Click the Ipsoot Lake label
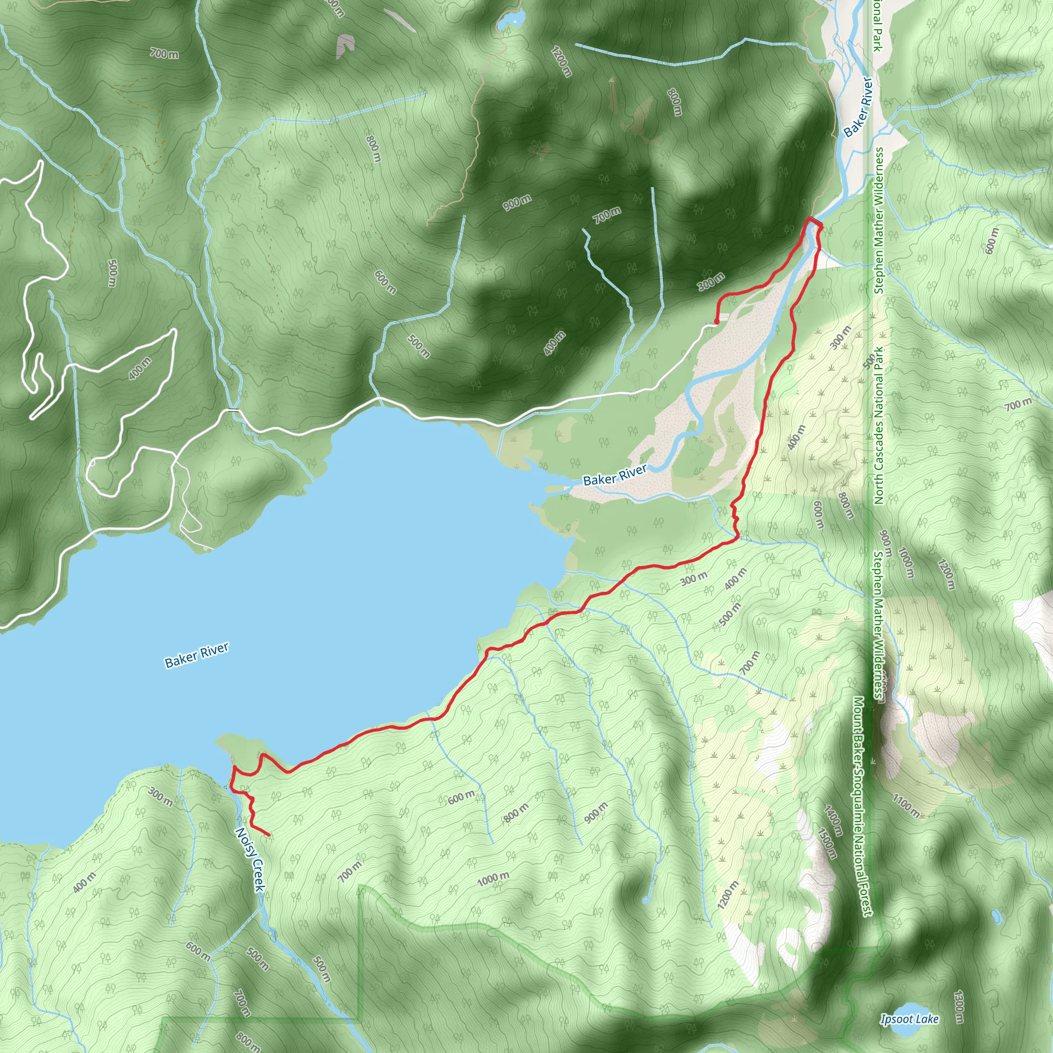pos(910,1019)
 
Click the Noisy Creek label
pos(249,860)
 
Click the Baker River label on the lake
pos(197,655)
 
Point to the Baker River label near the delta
pos(615,475)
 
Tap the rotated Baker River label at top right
pos(859,107)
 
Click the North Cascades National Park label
pos(879,425)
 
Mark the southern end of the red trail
pos(269,835)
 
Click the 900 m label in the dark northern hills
pos(517,203)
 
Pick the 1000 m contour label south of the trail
pos(493,879)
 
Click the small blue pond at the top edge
pos(511,20)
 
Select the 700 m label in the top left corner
pos(164,53)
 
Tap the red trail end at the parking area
pos(716,321)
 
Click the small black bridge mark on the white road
pos(234,409)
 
